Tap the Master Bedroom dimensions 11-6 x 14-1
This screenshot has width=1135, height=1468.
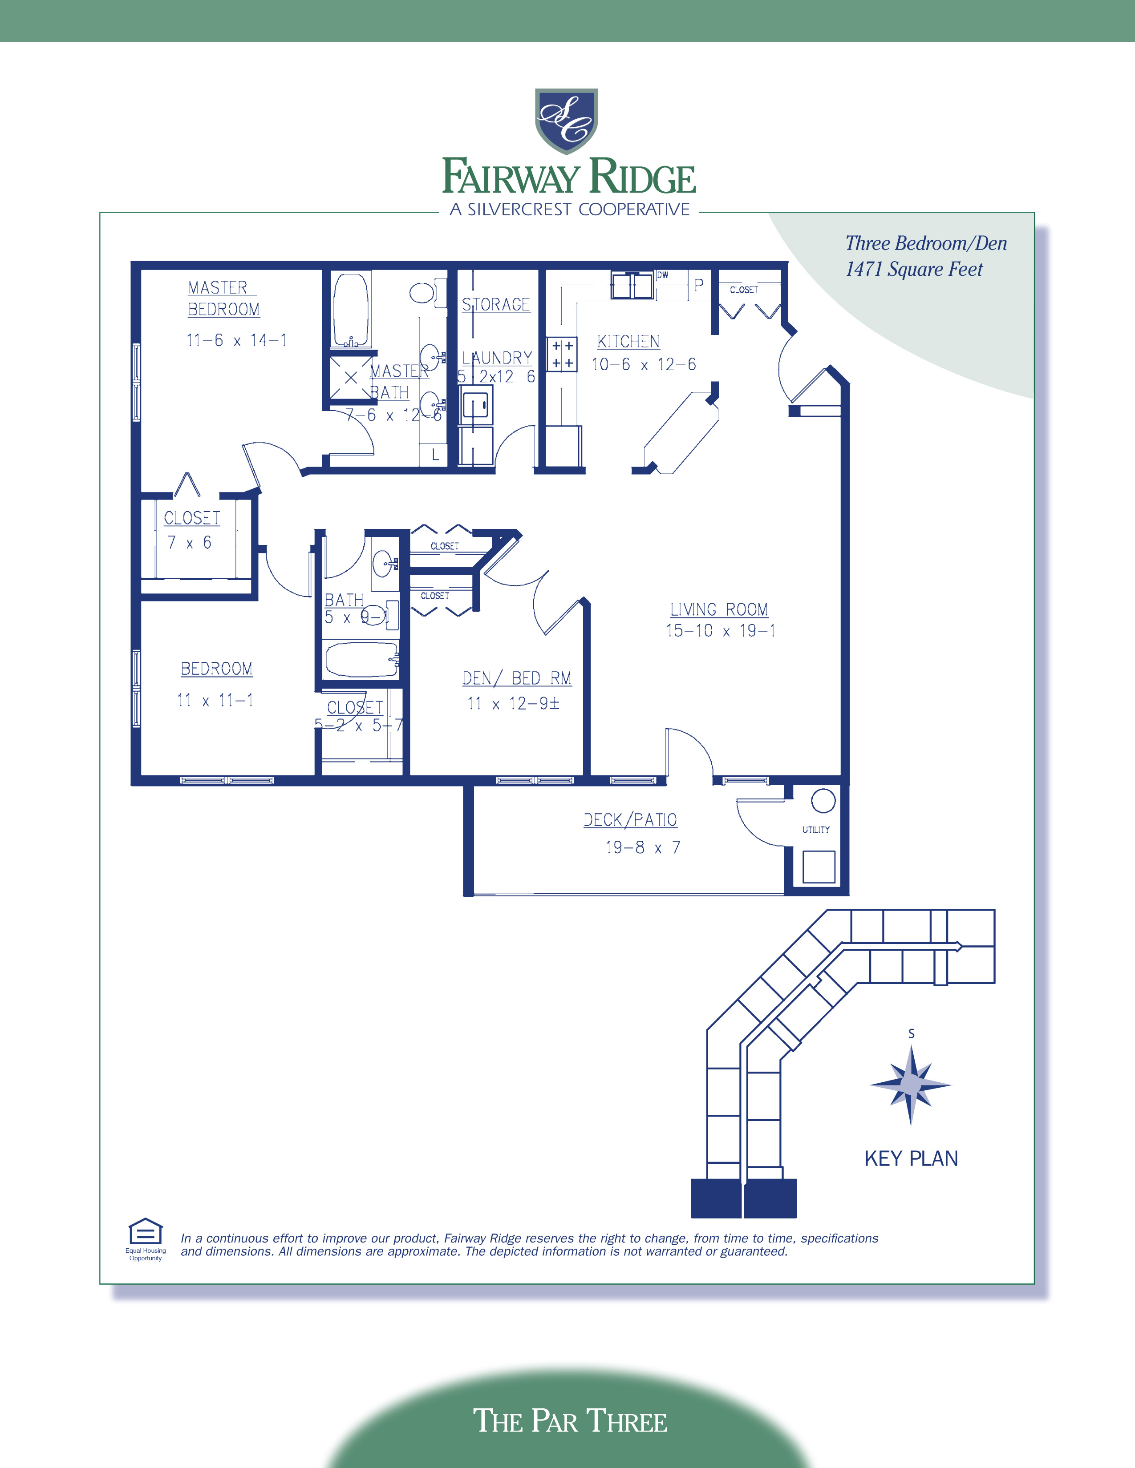(237, 341)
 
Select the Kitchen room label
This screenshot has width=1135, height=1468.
(628, 342)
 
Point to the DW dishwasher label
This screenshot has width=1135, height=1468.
(663, 275)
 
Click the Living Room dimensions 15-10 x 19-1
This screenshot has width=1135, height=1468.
(720, 630)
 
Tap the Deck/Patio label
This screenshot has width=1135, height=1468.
(630, 820)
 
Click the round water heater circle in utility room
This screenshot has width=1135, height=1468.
(823, 801)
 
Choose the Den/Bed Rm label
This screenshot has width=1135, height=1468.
(516, 679)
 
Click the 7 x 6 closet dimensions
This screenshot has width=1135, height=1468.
(189, 542)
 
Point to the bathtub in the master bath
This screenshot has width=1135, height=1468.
(350, 309)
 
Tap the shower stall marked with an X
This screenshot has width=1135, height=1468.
(350, 378)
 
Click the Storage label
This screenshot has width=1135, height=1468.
(495, 304)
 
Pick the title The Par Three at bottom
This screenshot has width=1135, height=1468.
(570, 1420)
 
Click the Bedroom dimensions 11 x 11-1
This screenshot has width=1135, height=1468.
(215, 700)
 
